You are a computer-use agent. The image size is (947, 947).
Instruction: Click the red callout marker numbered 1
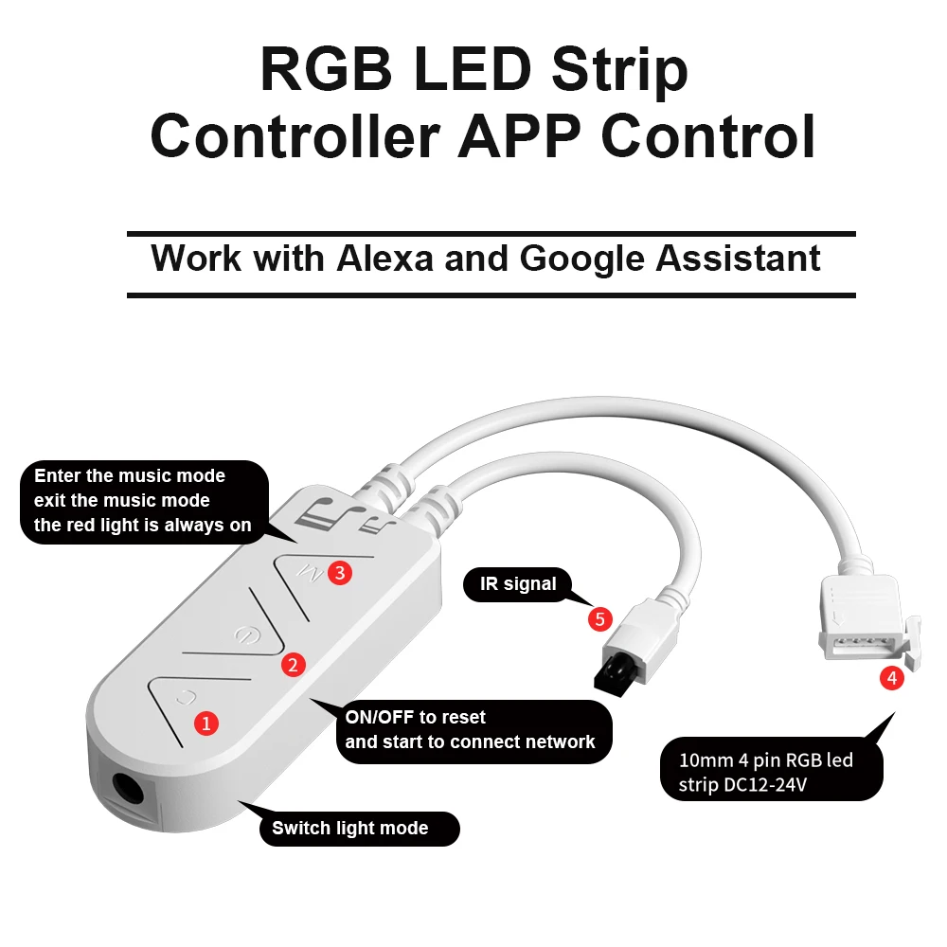pyautogui.click(x=205, y=723)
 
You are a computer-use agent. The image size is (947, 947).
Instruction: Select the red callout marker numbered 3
pyautogui.click(x=339, y=572)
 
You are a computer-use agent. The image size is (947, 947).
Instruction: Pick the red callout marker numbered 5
pyautogui.click(x=599, y=619)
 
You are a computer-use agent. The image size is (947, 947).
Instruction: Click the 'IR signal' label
pyautogui.click(x=518, y=584)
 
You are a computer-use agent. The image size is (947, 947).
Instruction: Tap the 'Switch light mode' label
pyautogui.click(x=350, y=829)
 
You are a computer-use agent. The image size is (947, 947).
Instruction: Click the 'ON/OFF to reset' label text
pyautogui.click(x=416, y=717)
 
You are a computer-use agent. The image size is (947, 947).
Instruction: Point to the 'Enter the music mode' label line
pyautogui.click(x=130, y=475)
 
